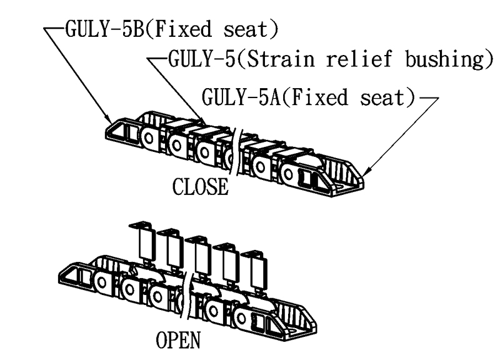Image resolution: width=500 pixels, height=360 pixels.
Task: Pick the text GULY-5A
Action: [x=235, y=98]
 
